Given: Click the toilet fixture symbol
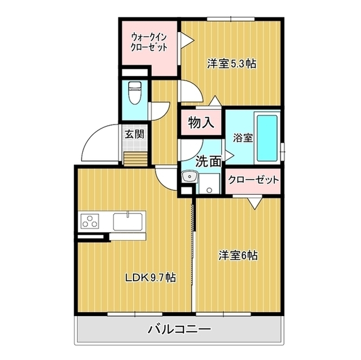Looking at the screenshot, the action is coord(135,93).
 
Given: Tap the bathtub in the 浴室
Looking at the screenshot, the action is coord(267,137).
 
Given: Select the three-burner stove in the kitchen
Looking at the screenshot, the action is coord(90,221).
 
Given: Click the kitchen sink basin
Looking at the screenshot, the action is coord(128,221).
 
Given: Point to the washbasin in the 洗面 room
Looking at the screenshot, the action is coord(190,177).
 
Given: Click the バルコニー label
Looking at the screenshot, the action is coord(179,330).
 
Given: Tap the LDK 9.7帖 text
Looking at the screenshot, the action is coord(151,278).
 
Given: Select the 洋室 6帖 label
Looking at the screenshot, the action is coord(238,255).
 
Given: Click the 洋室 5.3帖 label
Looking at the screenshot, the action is coord(232,64).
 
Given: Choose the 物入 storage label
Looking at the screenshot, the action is coord(201,122).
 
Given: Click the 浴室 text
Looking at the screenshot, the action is coord(243,137).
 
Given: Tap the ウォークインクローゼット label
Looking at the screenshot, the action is coord(149,42).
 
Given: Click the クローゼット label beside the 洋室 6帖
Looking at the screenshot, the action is coord(253,180).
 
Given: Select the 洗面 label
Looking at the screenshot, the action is coord(208,161).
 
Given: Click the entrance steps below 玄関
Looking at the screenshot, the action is coord(135,159).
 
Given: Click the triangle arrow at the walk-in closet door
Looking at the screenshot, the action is coord(187,41).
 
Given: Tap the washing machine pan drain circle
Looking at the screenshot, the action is coord(209,190).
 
